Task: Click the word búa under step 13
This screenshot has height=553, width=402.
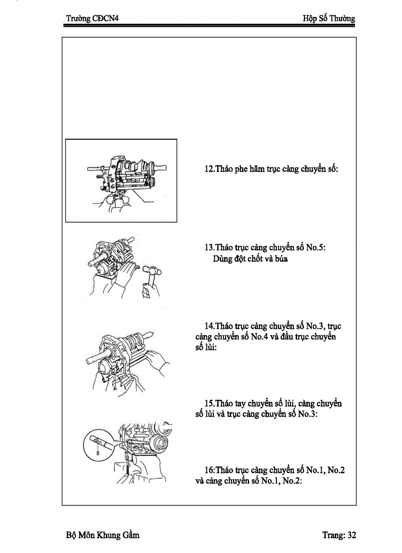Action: pyautogui.click(x=279, y=259)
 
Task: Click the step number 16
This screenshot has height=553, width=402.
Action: pyautogui.click(x=208, y=470)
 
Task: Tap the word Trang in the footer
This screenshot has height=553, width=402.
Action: pyautogui.click(x=333, y=535)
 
